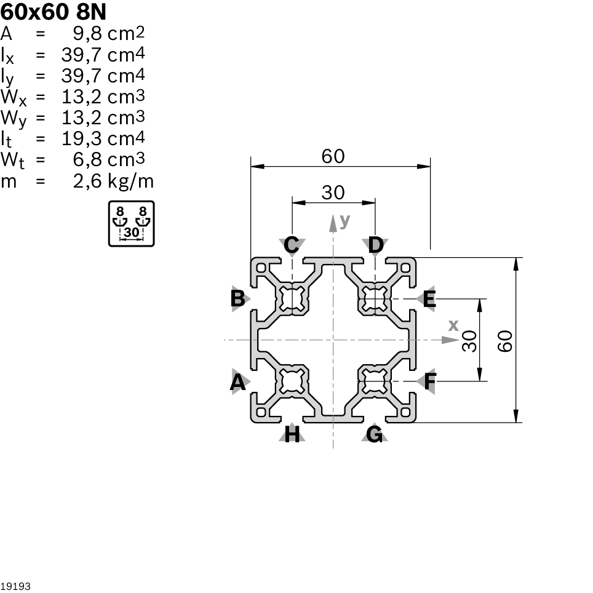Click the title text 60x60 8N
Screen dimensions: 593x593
tap(49, 11)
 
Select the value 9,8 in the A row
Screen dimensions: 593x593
tap(86, 34)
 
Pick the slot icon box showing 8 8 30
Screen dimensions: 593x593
tap(131, 223)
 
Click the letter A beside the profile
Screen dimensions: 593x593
tap(237, 383)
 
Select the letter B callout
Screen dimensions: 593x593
tap(237, 298)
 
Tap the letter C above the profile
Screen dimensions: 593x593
tap(292, 245)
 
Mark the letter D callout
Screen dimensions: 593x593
tap(375, 245)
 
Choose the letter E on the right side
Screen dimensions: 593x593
tap(429, 300)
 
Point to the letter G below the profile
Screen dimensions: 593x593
tap(375, 434)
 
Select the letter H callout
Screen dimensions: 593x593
tap(293, 435)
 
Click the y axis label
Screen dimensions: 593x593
tap(344, 220)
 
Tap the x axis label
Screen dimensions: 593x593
tap(453, 325)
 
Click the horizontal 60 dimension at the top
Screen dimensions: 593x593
tap(333, 157)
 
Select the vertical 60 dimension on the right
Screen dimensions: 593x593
tap(505, 340)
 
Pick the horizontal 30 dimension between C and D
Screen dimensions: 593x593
tap(333, 193)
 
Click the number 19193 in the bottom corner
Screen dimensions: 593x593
tap(15, 586)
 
